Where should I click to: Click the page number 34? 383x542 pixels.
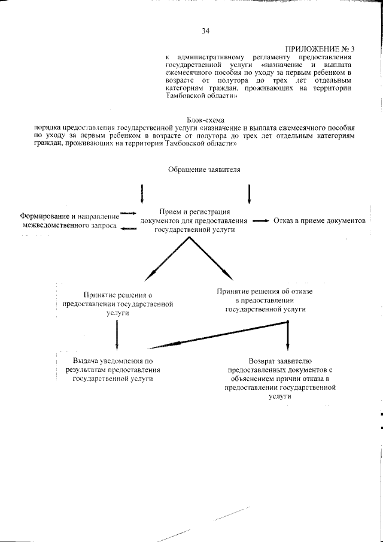206,31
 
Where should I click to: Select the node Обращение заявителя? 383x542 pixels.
204,169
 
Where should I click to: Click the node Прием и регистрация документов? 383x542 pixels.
196,220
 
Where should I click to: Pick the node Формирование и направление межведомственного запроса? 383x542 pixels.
67,220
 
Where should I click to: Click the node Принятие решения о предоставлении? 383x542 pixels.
118,304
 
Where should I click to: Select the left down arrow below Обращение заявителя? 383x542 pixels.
142,193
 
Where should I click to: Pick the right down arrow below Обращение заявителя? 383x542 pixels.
249,193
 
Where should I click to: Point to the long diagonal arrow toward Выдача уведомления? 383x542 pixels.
218,335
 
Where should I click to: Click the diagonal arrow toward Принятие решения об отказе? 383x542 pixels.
211,258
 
